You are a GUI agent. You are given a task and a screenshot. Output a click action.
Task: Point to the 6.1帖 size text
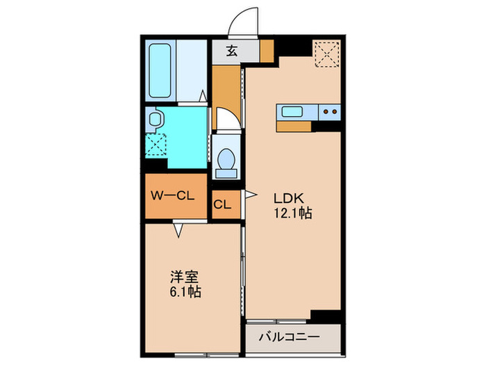click(185, 292)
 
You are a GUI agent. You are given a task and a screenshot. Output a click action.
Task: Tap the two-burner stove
click(329, 111)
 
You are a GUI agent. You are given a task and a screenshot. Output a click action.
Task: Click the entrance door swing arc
click(244, 22)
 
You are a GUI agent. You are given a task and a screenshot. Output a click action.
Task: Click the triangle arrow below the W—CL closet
click(178, 229)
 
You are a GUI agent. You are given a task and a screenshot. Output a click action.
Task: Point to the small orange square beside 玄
click(267, 49)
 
